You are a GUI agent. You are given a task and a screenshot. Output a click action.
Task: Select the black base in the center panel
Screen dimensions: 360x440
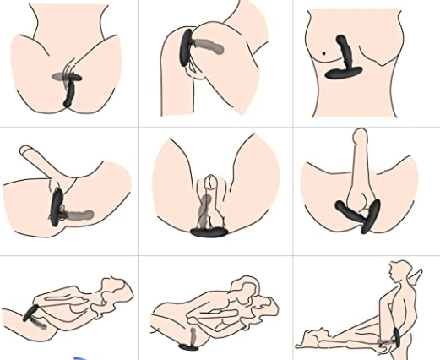(x=209, y=231)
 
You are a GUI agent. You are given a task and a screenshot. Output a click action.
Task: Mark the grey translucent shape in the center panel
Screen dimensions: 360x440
(x=205, y=208)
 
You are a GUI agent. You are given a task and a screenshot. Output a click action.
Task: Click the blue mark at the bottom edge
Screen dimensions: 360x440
(x=82, y=356)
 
